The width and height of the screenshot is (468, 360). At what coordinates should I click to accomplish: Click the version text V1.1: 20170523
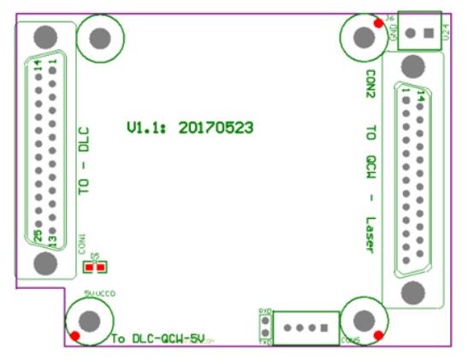(189, 128)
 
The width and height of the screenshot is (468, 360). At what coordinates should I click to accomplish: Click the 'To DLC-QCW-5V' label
(157, 339)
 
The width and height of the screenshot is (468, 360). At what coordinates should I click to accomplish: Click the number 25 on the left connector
(39, 233)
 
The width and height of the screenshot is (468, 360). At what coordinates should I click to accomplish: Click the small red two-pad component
(95, 267)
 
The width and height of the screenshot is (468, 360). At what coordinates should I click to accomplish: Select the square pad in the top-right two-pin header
(429, 33)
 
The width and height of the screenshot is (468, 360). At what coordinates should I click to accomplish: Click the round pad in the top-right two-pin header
(412, 33)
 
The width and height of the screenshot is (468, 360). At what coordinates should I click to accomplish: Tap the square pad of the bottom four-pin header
(325, 328)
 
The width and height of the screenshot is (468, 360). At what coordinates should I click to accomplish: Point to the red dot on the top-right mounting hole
(378, 23)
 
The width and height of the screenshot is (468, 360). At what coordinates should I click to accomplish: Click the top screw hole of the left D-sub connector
(44, 36)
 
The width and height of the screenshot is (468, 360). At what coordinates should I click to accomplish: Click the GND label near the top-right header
(394, 32)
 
